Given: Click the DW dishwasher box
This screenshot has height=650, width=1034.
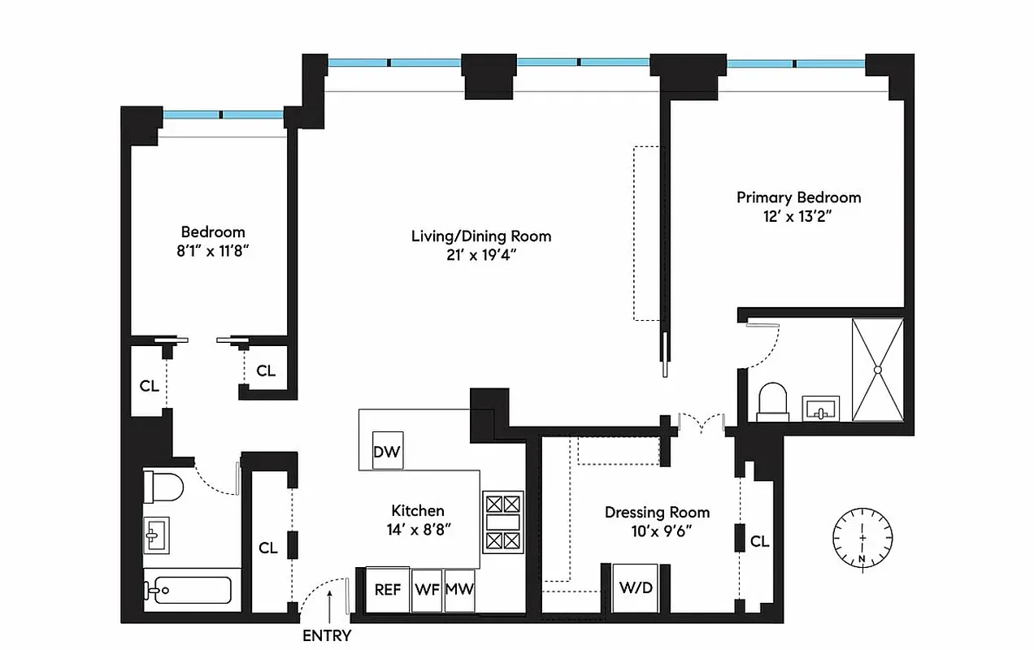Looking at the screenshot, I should tap(388, 453).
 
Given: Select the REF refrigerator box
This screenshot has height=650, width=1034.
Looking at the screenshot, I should tap(388, 589).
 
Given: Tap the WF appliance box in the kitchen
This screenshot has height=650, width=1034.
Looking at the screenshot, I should tap(427, 589).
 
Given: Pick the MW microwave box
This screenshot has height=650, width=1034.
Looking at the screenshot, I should tap(459, 589).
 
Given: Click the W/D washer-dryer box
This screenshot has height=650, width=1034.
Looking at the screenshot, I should tap(636, 587).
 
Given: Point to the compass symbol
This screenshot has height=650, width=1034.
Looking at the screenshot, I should tap(862, 537).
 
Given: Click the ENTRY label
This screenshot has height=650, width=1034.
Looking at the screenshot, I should tap(327, 635).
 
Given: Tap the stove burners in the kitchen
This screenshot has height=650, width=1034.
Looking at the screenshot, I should tap(503, 522).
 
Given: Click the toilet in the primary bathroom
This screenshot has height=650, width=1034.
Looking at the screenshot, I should tap(772, 403).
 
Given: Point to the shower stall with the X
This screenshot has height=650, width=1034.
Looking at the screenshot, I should tap(878, 370).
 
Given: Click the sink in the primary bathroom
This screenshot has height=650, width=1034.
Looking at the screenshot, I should tap(821, 408).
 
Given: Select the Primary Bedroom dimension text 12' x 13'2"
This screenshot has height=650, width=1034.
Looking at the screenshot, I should tap(798, 216).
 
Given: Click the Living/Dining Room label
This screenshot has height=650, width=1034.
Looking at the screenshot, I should tap(481, 236).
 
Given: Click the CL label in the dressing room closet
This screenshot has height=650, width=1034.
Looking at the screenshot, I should tap(759, 541).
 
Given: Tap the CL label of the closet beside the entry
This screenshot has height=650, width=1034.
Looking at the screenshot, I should tap(268, 548).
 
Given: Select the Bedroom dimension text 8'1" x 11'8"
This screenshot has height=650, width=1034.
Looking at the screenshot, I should tap(213, 251).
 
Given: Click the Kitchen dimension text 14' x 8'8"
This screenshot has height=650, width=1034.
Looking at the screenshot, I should tap(418, 529).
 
